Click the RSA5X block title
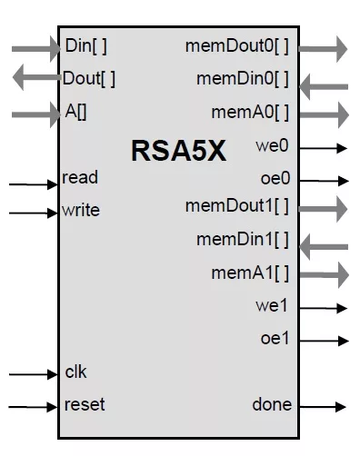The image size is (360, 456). pos(179,151)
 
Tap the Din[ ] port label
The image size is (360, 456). pos(86,46)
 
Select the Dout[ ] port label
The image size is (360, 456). pos(89,78)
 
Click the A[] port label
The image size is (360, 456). pos(75,112)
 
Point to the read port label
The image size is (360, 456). pos(80,177)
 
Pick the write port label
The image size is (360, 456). pos(81,210)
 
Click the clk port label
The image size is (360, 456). pos(75,372)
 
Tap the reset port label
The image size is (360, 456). pos(85,404)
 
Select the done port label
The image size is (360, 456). pos(272,404)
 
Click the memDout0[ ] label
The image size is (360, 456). pos(237,46)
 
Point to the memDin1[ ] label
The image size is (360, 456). pos(243,239)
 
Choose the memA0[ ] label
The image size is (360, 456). pos(250,112)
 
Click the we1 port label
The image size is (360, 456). pos(272,305)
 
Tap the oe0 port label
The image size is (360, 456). pos(275,178)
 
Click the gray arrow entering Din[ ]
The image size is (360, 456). pos(36,49)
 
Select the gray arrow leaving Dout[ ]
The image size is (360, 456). pos(37,77)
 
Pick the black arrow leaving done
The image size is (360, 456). pos(323,406)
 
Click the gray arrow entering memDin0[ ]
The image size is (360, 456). pos(324,87)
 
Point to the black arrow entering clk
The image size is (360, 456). pos(34,374)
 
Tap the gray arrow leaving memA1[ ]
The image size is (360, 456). pos(325,275)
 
